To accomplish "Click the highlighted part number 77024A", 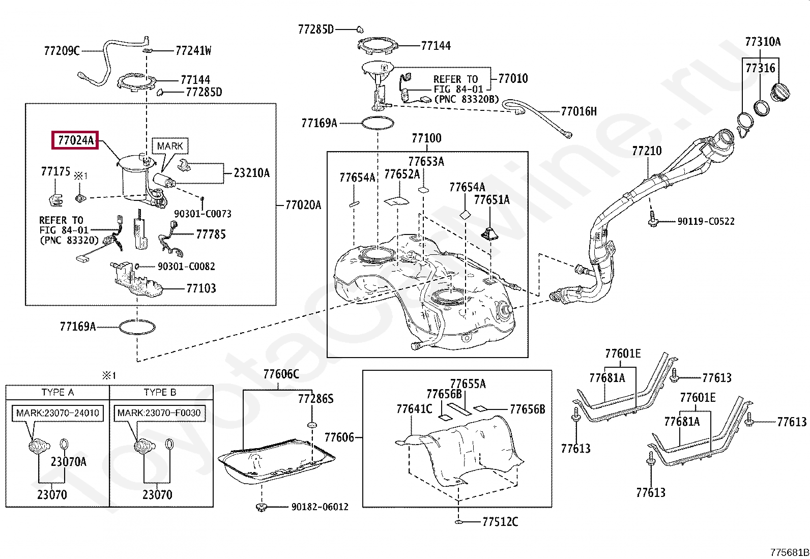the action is tap(76, 140).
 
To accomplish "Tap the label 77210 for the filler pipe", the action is tap(647, 151).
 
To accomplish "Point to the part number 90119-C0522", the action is tap(706, 221).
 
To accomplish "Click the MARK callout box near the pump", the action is tap(170, 146).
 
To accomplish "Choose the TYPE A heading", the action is tap(57, 392).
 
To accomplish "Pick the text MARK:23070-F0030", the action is tap(159, 413).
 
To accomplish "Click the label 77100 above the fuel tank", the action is tap(427, 138).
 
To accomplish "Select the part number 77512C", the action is tap(500, 521).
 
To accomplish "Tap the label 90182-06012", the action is tap(320, 507).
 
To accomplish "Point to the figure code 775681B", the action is tap(790, 552).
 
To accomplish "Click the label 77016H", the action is tap(578, 111).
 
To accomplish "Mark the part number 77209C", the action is tap(62, 51).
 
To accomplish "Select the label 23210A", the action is tap(252, 173).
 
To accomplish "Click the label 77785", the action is tap(211, 234).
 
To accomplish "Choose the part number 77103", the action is tap(201, 288).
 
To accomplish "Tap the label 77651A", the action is tap(492, 199).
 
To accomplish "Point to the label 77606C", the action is tap(281, 374).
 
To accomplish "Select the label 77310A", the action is tap(763, 42).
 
